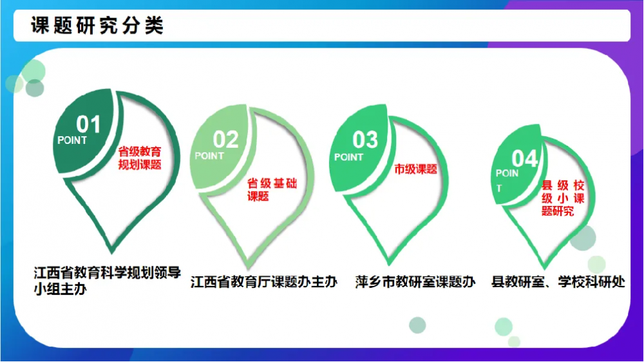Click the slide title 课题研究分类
[97, 26]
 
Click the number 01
[88, 125]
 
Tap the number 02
[225, 139]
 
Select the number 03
[365, 140]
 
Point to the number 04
[525, 159]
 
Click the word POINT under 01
[72, 140]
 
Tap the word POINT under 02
[209, 156]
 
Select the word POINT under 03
[348, 157]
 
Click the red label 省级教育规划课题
[140, 158]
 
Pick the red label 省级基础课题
[272, 190]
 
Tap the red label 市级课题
[415, 169]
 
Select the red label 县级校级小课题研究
[563, 198]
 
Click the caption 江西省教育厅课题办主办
[263, 282]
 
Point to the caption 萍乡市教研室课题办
[415, 282]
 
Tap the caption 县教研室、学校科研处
[558, 282]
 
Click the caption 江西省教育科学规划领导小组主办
[107, 281]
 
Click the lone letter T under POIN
[499, 189]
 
